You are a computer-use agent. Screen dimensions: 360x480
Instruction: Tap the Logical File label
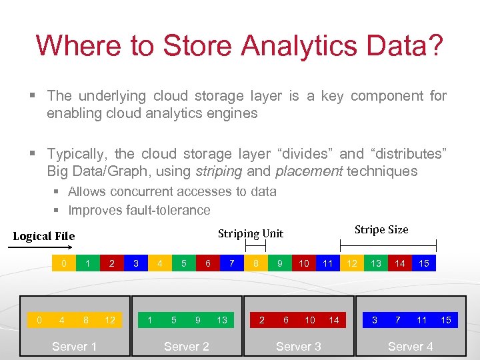click(44, 236)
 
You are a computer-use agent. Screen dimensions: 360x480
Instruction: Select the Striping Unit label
click(251, 233)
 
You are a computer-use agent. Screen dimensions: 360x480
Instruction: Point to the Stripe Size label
click(381, 229)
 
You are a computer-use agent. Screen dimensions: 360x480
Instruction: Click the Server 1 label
click(74, 346)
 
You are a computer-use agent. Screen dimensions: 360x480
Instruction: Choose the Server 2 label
click(186, 346)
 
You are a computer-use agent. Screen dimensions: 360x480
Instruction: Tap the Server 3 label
click(298, 346)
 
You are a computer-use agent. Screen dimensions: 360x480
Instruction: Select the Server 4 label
click(410, 346)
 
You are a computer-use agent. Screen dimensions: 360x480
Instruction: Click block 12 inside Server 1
click(110, 320)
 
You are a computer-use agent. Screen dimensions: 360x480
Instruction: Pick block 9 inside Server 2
click(198, 320)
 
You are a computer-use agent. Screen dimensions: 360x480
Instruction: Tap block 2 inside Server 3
click(261, 320)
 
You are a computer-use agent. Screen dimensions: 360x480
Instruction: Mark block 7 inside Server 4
click(398, 320)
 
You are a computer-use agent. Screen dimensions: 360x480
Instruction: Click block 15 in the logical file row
click(424, 263)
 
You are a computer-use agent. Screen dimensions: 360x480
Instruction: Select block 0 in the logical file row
click(64, 263)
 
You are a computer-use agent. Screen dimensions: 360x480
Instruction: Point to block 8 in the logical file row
click(256, 263)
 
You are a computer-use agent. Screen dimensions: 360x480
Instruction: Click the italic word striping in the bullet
click(219, 171)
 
